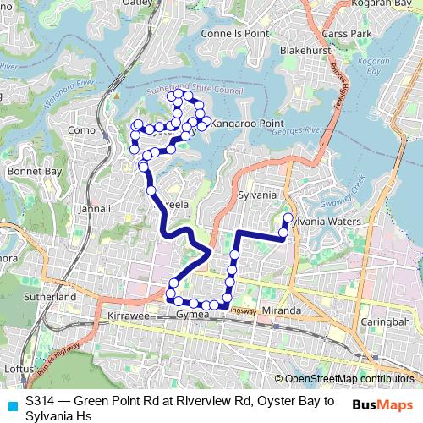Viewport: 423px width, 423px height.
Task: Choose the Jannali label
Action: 95,208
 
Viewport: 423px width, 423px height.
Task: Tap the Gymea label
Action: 191,315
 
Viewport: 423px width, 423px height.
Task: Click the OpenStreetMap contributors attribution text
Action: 349,380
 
